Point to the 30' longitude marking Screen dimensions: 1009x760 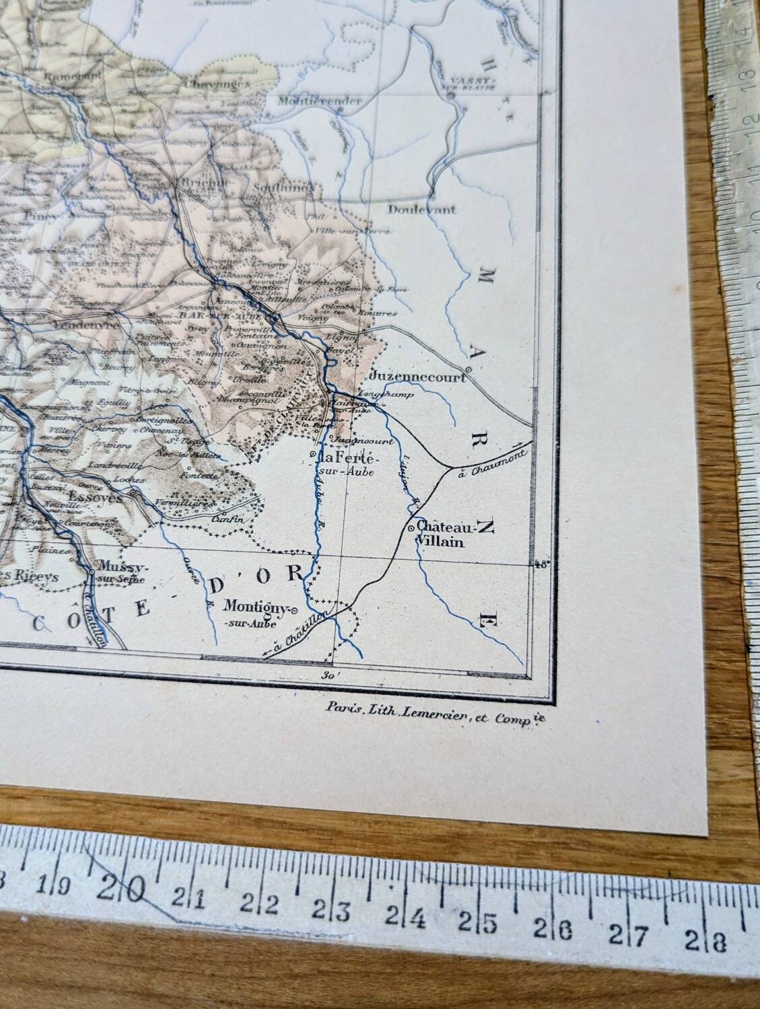click(329, 675)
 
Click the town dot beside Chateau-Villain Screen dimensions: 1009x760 click(411, 529)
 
